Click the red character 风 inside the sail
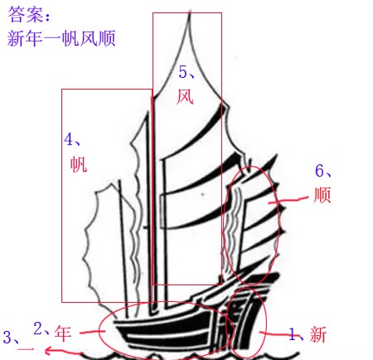click(185, 97)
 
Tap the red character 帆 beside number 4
click(79, 164)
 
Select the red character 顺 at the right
click(322, 195)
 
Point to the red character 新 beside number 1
click(318, 334)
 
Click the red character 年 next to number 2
click(63, 333)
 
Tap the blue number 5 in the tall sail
click(182, 72)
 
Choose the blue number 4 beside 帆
click(68, 139)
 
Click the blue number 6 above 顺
click(319, 170)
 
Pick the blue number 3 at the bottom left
click(7, 337)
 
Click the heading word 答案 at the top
click(26, 14)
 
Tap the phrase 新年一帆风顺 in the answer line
click(61, 38)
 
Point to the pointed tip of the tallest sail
click(190, 12)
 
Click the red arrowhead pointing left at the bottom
click(49, 351)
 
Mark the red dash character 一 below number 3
click(26, 349)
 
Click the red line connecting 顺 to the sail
click(288, 201)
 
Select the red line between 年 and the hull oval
click(92, 332)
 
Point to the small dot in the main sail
click(203, 194)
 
